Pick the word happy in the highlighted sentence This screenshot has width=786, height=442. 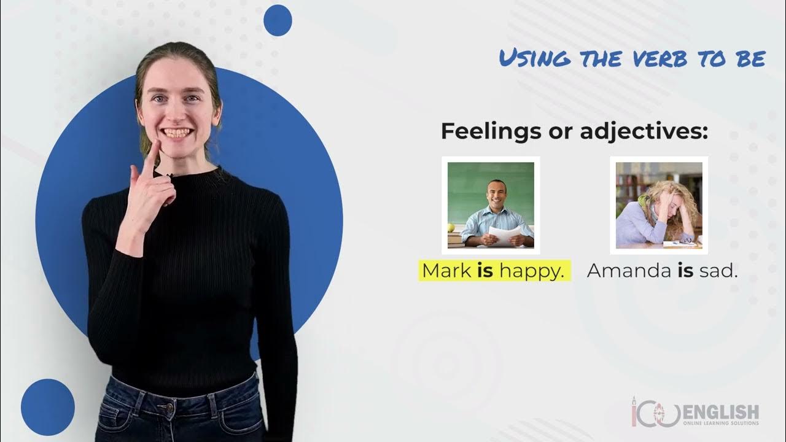[531, 271]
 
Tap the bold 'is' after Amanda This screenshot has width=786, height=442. [685, 271]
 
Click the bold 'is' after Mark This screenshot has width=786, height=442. [485, 271]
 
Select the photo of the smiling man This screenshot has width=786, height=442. [491, 205]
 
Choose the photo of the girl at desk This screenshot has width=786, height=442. [659, 205]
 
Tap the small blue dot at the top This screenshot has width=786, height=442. [277, 20]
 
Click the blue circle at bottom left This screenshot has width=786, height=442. [47, 406]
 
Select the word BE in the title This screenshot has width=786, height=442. [750, 58]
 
